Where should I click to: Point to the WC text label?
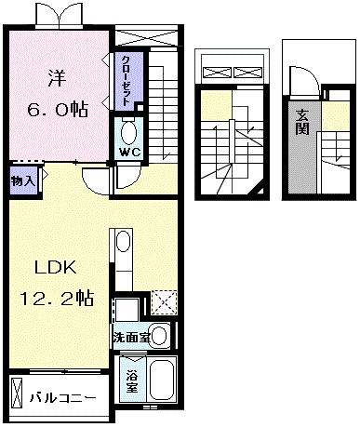[x=128, y=152]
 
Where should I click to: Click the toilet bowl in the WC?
[x=128, y=130]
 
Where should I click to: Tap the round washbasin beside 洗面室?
[x=159, y=335]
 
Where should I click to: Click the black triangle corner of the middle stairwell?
[x=261, y=190]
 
